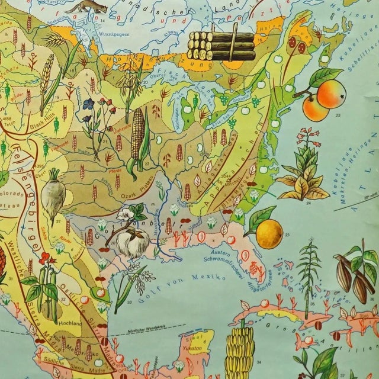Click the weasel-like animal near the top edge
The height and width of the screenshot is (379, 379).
pos(88,7)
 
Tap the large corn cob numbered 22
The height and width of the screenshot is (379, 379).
pos(138,137)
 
